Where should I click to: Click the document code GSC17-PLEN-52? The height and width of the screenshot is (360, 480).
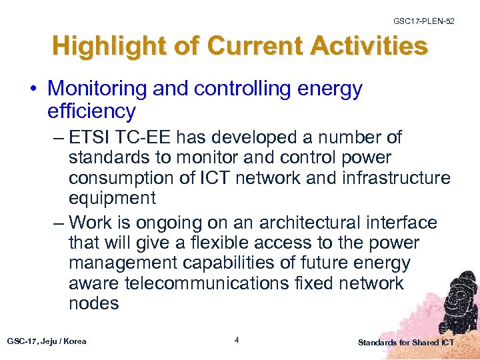click(424, 21)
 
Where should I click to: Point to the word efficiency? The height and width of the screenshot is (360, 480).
click(91, 110)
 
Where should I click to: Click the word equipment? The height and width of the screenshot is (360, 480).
click(112, 199)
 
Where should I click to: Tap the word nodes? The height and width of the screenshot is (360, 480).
click(93, 304)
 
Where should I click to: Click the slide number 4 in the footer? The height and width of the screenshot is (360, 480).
click(237, 341)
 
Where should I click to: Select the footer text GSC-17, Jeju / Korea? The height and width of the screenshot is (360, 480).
click(47, 341)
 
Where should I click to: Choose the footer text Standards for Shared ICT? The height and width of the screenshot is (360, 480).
click(405, 343)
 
